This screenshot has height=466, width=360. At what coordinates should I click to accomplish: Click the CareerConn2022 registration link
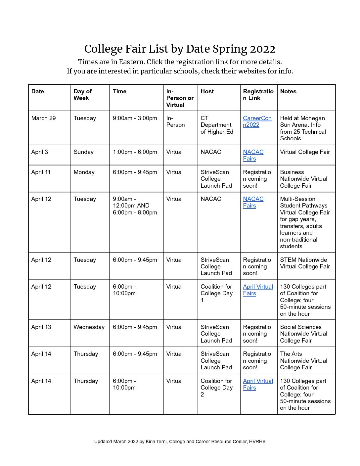257,121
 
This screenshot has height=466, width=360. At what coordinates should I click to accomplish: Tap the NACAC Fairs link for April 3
253,155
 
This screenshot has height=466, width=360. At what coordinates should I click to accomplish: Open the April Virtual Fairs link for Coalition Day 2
257,384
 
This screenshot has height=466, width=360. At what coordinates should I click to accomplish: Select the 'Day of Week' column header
82,95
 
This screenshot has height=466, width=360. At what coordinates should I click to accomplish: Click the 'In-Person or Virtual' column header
180,98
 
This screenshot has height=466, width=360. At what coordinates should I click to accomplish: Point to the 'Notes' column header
288,91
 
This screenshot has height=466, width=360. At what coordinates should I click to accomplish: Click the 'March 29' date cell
43,118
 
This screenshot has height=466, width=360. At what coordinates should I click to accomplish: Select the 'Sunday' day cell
83,152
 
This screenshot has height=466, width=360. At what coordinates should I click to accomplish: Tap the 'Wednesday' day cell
89,327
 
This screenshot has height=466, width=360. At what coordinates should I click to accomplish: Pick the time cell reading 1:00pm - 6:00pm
135,152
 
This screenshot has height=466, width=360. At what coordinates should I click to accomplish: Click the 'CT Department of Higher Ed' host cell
217,125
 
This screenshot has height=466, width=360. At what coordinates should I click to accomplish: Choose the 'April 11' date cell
41,172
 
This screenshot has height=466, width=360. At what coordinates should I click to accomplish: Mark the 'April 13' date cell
41,327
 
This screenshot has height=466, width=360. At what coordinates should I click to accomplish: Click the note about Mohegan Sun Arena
303,128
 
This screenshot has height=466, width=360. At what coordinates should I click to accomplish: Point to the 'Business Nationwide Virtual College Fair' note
303,179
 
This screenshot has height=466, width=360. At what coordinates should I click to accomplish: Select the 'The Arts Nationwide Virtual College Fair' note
303,360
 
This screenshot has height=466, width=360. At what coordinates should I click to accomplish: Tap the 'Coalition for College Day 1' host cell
216,293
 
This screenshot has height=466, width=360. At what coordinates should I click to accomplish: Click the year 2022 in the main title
262,49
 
